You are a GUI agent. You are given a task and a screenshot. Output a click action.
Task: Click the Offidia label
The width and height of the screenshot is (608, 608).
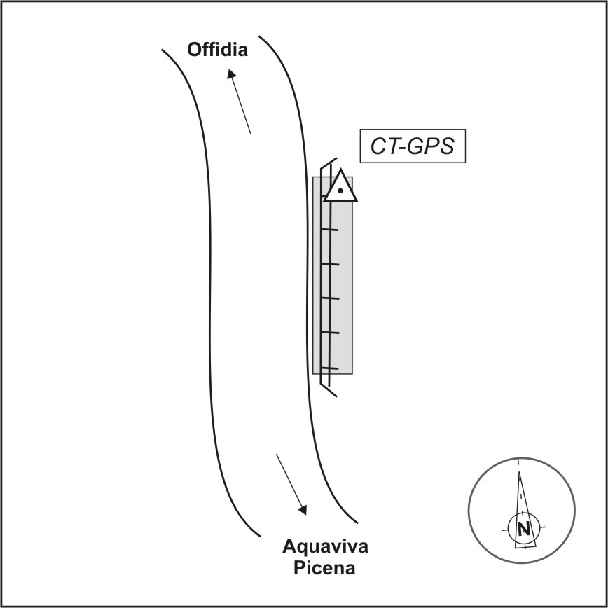pos(217,50)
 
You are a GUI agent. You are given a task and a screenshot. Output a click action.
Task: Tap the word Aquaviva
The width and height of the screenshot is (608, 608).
pos(325,547)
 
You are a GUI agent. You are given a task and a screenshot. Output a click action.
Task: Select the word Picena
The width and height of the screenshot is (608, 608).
pos(324,569)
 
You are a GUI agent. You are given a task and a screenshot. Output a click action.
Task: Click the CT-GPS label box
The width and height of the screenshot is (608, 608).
pos(413,146)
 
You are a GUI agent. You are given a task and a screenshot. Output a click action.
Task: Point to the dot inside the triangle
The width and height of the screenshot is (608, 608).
pos(340,191)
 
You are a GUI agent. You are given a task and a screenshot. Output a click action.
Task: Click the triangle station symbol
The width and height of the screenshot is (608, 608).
pos(340,186)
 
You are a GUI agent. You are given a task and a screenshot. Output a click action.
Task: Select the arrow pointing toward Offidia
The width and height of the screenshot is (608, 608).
pos(239,101)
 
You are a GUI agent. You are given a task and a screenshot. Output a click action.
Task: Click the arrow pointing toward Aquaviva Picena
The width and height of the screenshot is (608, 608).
pos(291,484)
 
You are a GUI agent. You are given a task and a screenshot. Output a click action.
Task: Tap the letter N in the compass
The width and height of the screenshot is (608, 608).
pos(524,529)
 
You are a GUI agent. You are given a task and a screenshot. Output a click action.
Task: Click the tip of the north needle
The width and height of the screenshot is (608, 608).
pos(519,472)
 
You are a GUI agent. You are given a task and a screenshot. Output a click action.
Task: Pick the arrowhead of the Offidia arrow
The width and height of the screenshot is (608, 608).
pos(231,74)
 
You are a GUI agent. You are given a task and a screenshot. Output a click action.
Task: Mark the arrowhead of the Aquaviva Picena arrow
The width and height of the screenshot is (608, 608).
pos(303,510)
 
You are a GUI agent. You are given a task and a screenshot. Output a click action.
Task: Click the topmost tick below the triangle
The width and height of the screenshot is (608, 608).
pos(330,230)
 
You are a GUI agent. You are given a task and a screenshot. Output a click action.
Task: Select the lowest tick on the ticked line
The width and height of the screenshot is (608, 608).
pos(330,368)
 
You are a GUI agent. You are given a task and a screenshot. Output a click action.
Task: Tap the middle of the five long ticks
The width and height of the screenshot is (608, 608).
pos(331,298)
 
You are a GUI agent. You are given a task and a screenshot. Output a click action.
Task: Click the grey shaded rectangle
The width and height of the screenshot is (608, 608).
pos(333,275)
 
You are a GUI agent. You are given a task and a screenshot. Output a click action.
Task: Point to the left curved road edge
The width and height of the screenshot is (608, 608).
pos(209,295)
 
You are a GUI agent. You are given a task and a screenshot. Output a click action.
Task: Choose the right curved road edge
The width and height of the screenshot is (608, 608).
pos(306,279)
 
